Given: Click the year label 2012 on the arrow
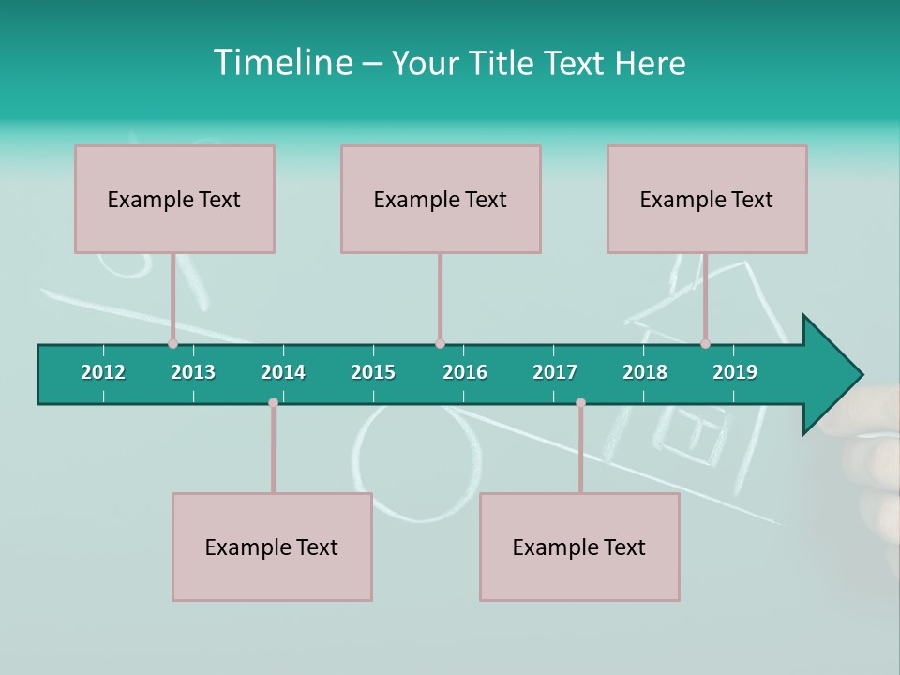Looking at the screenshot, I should [103, 372].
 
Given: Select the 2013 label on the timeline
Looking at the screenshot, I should [193, 372].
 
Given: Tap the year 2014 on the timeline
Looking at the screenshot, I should [283, 372].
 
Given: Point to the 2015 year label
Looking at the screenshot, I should [373, 372].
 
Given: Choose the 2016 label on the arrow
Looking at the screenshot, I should [465, 372].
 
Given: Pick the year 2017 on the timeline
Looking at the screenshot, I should [555, 372].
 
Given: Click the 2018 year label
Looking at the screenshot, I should [645, 372].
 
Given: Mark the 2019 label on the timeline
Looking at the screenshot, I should [735, 372].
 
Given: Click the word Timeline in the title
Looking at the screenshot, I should [282, 63].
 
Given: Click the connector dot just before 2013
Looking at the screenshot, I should [172, 344].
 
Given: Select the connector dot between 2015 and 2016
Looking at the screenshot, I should [440, 344].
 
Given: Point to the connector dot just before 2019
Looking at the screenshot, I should [705, 344].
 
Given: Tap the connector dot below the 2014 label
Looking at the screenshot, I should [273, 402].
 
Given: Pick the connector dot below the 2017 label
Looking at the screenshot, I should [580, 402].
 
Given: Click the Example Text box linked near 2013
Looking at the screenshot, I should [174, 199].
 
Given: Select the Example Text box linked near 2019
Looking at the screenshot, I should [707, 199].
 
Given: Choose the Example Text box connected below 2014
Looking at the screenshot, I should [272, 547].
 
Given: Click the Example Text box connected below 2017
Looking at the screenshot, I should [579, 547].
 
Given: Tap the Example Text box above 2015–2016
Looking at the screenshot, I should [441, 199].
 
